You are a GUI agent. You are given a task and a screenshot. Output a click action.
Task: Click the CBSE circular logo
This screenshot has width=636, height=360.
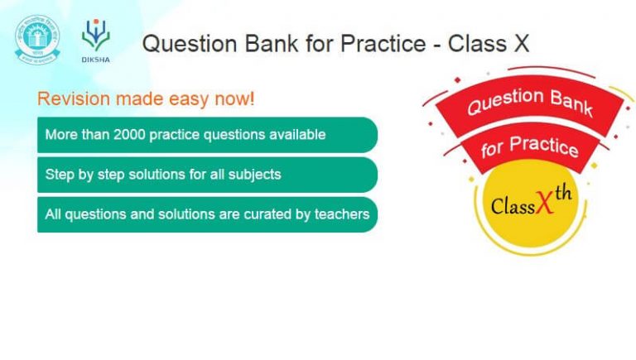click(37, 37)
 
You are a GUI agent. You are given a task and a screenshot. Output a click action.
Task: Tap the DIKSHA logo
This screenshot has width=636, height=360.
click(95, 34)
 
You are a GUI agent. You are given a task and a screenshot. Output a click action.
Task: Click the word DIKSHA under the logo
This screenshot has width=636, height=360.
click(95, 59)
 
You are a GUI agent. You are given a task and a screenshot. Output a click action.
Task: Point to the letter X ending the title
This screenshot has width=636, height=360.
click(520, 44)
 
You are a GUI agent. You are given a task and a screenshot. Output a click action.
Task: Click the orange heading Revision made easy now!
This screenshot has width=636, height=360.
click(146, 99)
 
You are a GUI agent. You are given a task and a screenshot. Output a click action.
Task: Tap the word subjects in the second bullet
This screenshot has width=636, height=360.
click(256, 175)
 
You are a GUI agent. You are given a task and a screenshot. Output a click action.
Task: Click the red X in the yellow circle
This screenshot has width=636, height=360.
click(546, 207)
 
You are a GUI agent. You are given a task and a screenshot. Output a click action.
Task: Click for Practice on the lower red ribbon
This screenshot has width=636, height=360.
click(528, 147)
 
